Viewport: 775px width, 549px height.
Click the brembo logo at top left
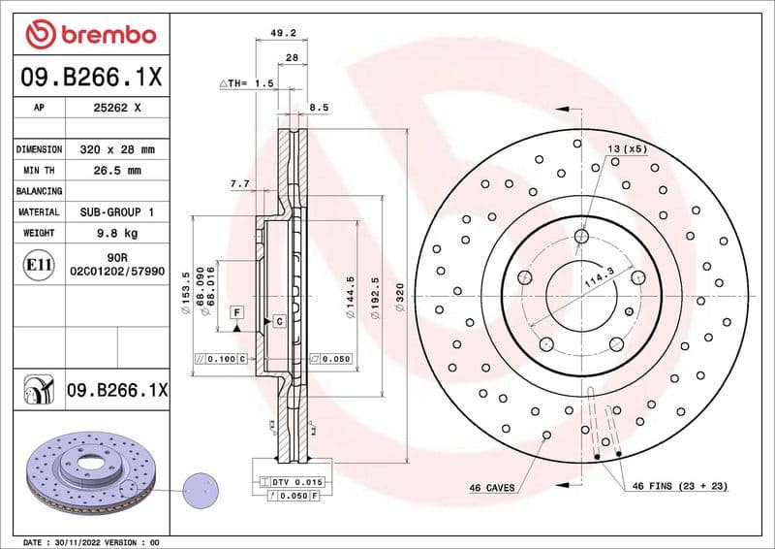click(90, 35)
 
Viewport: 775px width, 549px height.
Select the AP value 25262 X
click(115, 109)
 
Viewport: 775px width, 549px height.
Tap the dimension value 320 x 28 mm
click(115, 149)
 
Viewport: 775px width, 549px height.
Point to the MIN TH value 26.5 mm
click(115, 171)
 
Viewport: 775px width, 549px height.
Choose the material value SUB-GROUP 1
click(115, 211)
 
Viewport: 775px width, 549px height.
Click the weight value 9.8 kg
click(115, 233)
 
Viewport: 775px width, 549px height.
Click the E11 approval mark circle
click(37, 264)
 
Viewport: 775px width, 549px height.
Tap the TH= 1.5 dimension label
click(247, 84)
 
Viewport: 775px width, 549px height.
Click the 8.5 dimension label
click(319, 107)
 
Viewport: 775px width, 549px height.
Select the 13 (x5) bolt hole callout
click(627, 148)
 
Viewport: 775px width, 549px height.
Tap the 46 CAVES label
click(492, 486)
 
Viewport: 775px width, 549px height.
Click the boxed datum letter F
click(235, 311)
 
